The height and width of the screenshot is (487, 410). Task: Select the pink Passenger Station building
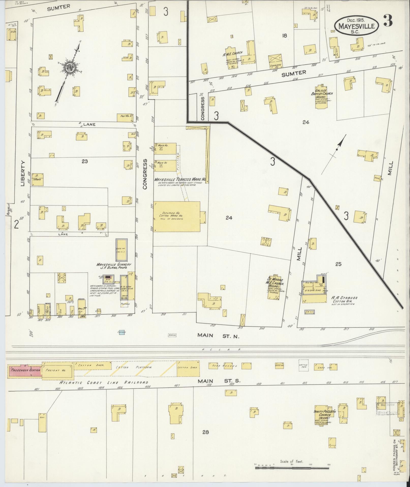pos(25,370)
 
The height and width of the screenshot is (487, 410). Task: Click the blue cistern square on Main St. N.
pos(122,332)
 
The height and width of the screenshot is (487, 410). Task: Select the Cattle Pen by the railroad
pos(303,366)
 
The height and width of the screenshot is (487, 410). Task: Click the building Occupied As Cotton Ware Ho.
pos(177,216)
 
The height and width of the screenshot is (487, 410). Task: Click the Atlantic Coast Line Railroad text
pos(104,382)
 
